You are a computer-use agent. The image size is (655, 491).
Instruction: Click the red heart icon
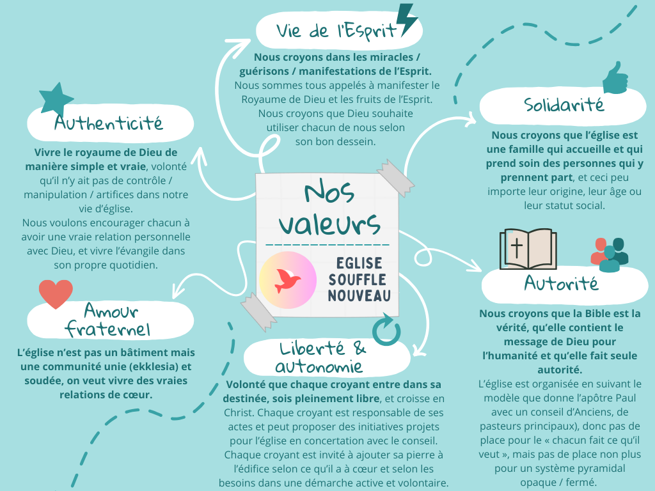point(56,293)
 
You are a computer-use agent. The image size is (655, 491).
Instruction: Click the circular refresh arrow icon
point(386,330)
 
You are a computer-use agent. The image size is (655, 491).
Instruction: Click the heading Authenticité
point(109,122)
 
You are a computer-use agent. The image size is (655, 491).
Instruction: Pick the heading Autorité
point(561,283)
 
